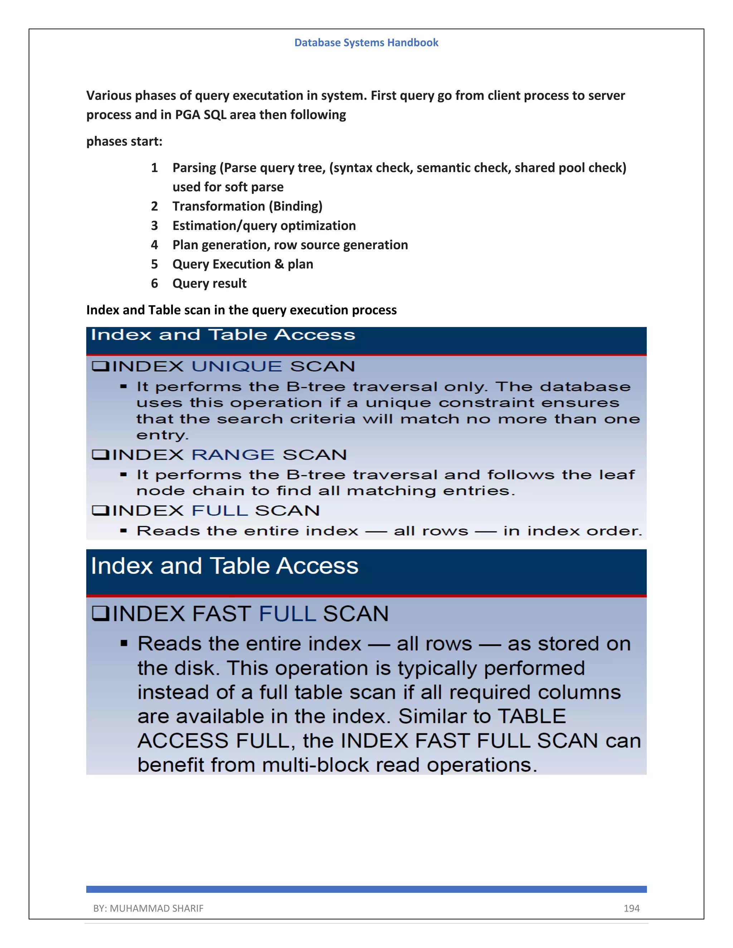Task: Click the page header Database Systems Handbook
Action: click(x=366, y=43)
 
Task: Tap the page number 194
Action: click(x=631, y=908)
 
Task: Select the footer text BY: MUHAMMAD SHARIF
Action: click(x=148, y=908)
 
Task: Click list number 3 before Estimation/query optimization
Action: click(x=154, y=226)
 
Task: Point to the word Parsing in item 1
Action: click(x=194, y=168)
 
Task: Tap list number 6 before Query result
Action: click(x=154, y=283)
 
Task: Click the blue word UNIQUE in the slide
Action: click(x=237, y=366)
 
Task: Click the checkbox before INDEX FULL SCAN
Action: click(x=100, y=510)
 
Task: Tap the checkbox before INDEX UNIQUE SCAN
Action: click(x=100, y=366)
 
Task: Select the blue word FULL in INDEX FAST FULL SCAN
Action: click(x=287, y=614)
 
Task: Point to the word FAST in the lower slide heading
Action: click(x=220, y=614)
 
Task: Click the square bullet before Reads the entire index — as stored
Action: click(x=124, y=643)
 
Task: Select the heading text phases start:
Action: click(x=124, y=142)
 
